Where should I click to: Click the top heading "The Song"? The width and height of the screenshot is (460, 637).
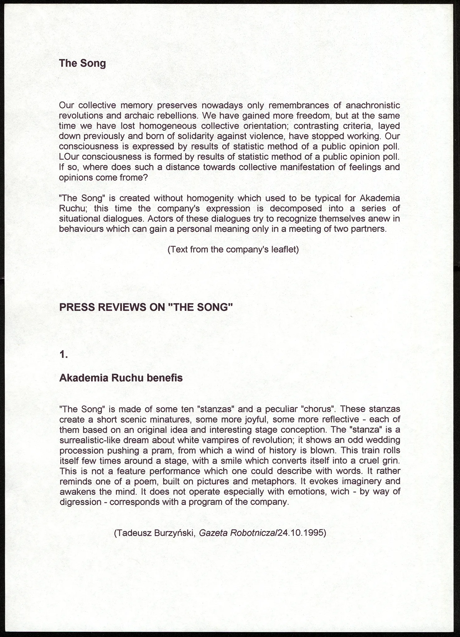point(82,63)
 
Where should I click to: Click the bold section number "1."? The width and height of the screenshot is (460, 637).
point(63,354)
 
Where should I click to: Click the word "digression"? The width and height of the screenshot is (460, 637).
point(80,502)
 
